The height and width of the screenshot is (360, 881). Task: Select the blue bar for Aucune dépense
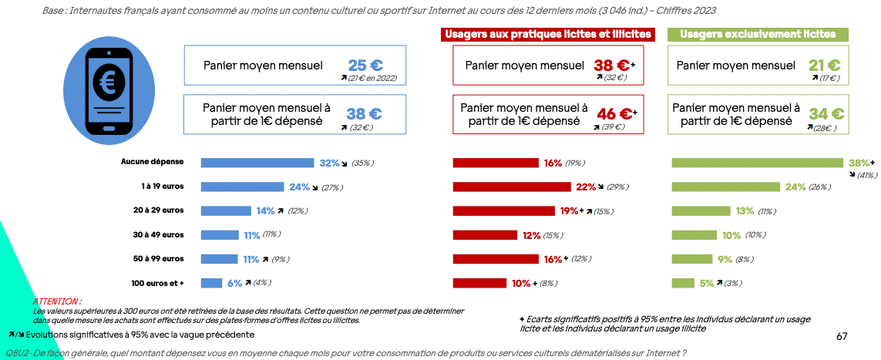pyautogui.click(x=257, y=163)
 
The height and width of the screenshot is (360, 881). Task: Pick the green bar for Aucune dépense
pyautogui.click(x=758, y=163)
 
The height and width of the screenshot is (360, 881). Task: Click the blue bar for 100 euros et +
pyautogui.click(x=211, y=283)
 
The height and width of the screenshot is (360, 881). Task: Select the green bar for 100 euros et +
pyautogui.click(x=681, y=283)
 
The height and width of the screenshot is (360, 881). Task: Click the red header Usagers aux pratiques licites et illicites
pyautogui.click(x=548, y=35)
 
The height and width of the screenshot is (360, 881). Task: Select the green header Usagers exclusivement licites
pyautogui.click(x=758, y=35)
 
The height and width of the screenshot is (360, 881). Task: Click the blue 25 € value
pyautogui.click(x=365, y=65)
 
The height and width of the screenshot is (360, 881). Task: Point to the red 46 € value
pyautogui.click(x=614, y=114)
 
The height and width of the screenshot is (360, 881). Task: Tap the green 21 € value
pyautogui.click(x=825, y=65)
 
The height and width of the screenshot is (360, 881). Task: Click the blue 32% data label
pyautogui.click(x=329, y=163)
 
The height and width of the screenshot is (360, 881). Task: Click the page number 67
pyautogui.click(x=842, y=336)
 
